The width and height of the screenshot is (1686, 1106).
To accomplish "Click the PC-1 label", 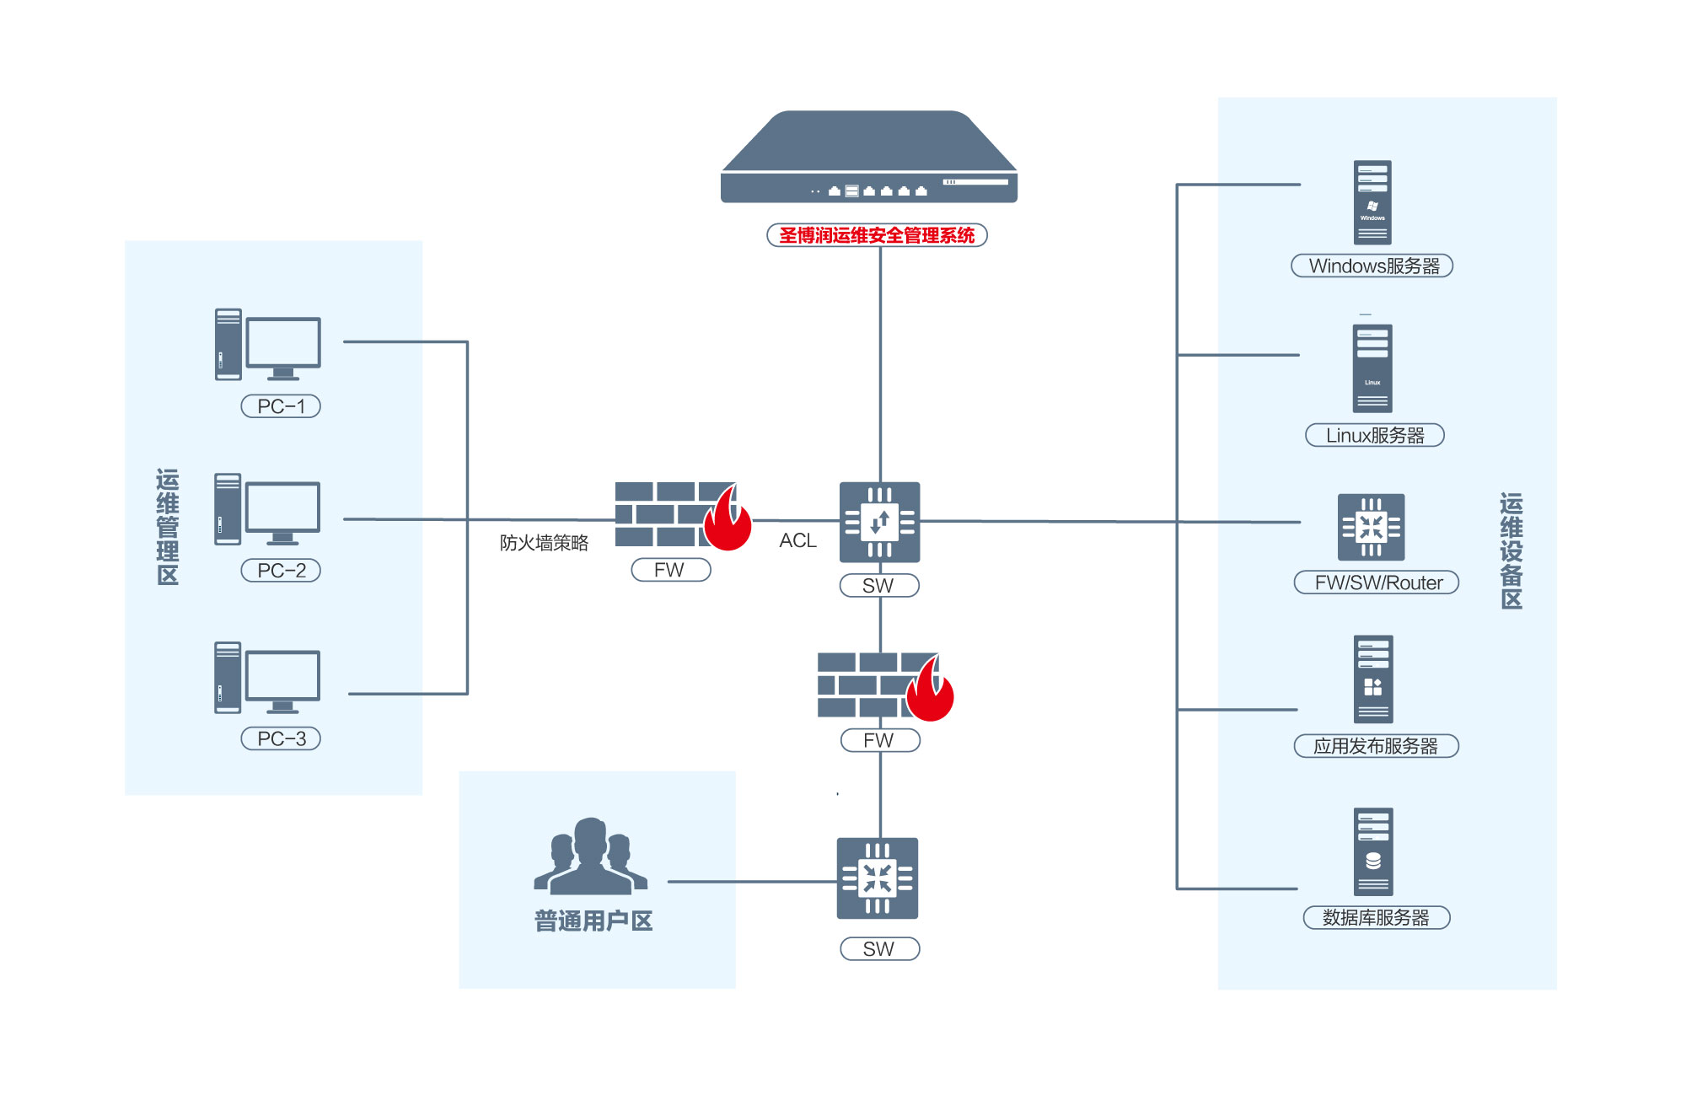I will [281, 406].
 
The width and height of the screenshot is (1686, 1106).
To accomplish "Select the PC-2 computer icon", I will [268, 510].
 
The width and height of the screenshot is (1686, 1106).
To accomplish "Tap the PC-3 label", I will [281, 738].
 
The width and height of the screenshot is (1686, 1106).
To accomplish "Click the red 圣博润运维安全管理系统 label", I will [877, 235].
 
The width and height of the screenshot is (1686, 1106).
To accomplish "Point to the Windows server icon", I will [1372, 202].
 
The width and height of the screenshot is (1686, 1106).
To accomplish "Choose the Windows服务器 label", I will [1372, 266].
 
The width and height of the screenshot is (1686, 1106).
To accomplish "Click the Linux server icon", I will [1372, 368].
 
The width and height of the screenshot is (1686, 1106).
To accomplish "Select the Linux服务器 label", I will [1374, 435].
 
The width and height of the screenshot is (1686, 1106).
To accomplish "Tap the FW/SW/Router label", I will [1377, 583].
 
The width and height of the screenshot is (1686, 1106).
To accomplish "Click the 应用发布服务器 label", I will [1376, 746].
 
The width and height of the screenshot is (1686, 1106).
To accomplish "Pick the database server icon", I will [1373, 851].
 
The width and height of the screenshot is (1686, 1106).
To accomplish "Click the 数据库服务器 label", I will [1376, 917].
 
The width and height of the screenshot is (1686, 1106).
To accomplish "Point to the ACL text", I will [797, 540].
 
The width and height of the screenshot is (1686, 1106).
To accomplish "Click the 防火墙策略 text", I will [544, 543].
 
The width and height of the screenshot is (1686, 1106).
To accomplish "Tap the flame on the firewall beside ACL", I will [728, 523].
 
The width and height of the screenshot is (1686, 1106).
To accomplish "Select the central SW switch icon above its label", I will [879, 522].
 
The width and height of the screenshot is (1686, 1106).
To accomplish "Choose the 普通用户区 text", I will [593, 921].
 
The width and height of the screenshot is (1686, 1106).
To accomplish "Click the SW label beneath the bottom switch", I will [879, 949].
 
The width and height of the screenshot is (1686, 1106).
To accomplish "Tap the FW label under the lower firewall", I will [879, 740].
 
